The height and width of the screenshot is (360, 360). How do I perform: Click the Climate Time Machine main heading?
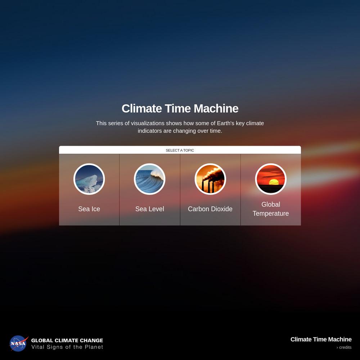click(x=180, y=108)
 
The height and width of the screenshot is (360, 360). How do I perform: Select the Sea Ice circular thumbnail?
click(x=89, y=179)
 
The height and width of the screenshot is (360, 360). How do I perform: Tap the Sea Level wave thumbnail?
click(x=149, y=179)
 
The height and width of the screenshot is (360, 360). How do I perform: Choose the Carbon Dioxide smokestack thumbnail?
click(x=210, y=179)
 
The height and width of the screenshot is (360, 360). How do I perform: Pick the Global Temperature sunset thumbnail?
click(x=271, y=179)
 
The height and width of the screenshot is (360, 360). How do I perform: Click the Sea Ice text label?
click(x=89, y=209)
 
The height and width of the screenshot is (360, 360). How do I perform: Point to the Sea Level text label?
click(x=150, y=209)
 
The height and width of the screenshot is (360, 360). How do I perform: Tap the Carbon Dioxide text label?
click(x=210, y=209)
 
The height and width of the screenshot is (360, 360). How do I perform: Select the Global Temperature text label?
click(x=271, y=209)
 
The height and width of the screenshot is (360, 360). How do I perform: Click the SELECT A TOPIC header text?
click(x=180, y=150)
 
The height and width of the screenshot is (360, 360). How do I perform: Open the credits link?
click(x=344, y=347)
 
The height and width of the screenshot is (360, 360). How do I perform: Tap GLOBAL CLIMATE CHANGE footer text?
click(x=67, y=340)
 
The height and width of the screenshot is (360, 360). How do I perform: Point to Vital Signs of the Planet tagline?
click(x=67, y=347)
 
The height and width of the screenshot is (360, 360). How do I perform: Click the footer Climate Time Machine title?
click(x=321, y=339)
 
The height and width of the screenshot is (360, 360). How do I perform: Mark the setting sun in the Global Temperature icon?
click(x=274, y=182)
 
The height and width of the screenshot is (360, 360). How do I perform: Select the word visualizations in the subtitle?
click(x=148, y=123)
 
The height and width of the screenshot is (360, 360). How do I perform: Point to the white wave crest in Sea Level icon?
click(x=157, y=175)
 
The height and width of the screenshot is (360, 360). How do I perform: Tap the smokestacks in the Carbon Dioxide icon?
click(x=208, y=186)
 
